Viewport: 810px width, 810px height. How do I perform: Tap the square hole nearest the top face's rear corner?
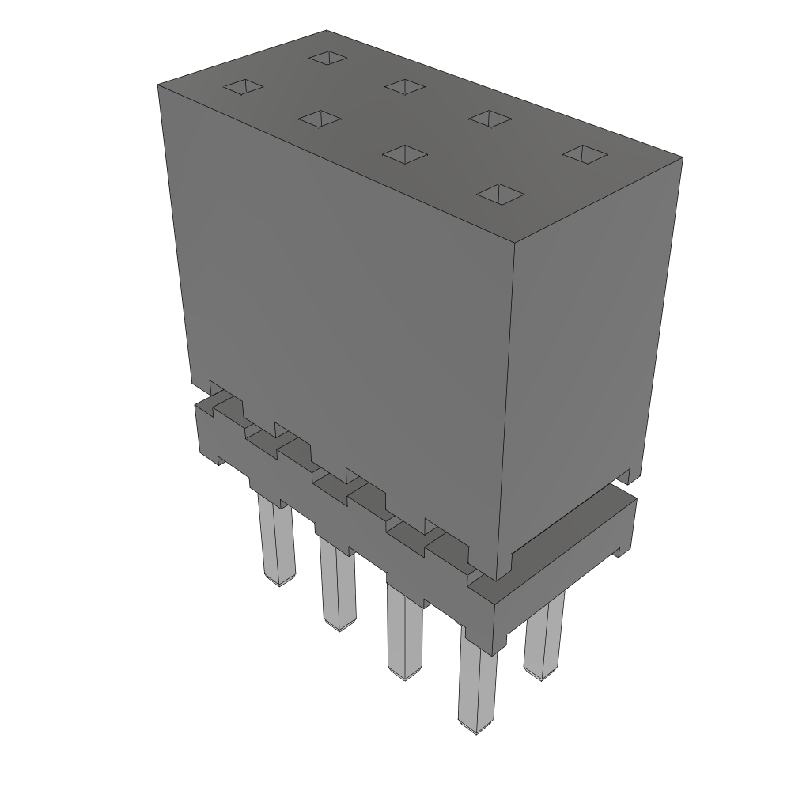tap(330, 57)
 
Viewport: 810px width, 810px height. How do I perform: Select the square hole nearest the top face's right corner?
tap(584, 154)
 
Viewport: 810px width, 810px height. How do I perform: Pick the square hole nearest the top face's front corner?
tap(502, 194)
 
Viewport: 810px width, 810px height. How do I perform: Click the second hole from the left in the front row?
tap(320, 119)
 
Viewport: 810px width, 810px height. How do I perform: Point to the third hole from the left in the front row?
tap(404, 153)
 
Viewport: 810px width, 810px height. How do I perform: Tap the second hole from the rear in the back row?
tap(406, 86)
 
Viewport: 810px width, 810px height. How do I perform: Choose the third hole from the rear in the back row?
tap(490, 118)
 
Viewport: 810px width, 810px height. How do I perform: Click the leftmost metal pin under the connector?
tap(277, 543)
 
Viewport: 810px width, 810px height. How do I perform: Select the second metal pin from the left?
tap(338, 585)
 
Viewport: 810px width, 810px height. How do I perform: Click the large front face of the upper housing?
tap(340, 316)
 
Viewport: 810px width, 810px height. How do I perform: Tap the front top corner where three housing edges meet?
tap(515, 240)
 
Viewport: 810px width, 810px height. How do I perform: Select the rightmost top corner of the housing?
tap(682, 158)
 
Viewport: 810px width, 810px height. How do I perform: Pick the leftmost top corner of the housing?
tap(158, 84)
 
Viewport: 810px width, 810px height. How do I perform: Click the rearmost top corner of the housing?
tap(326, 31)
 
